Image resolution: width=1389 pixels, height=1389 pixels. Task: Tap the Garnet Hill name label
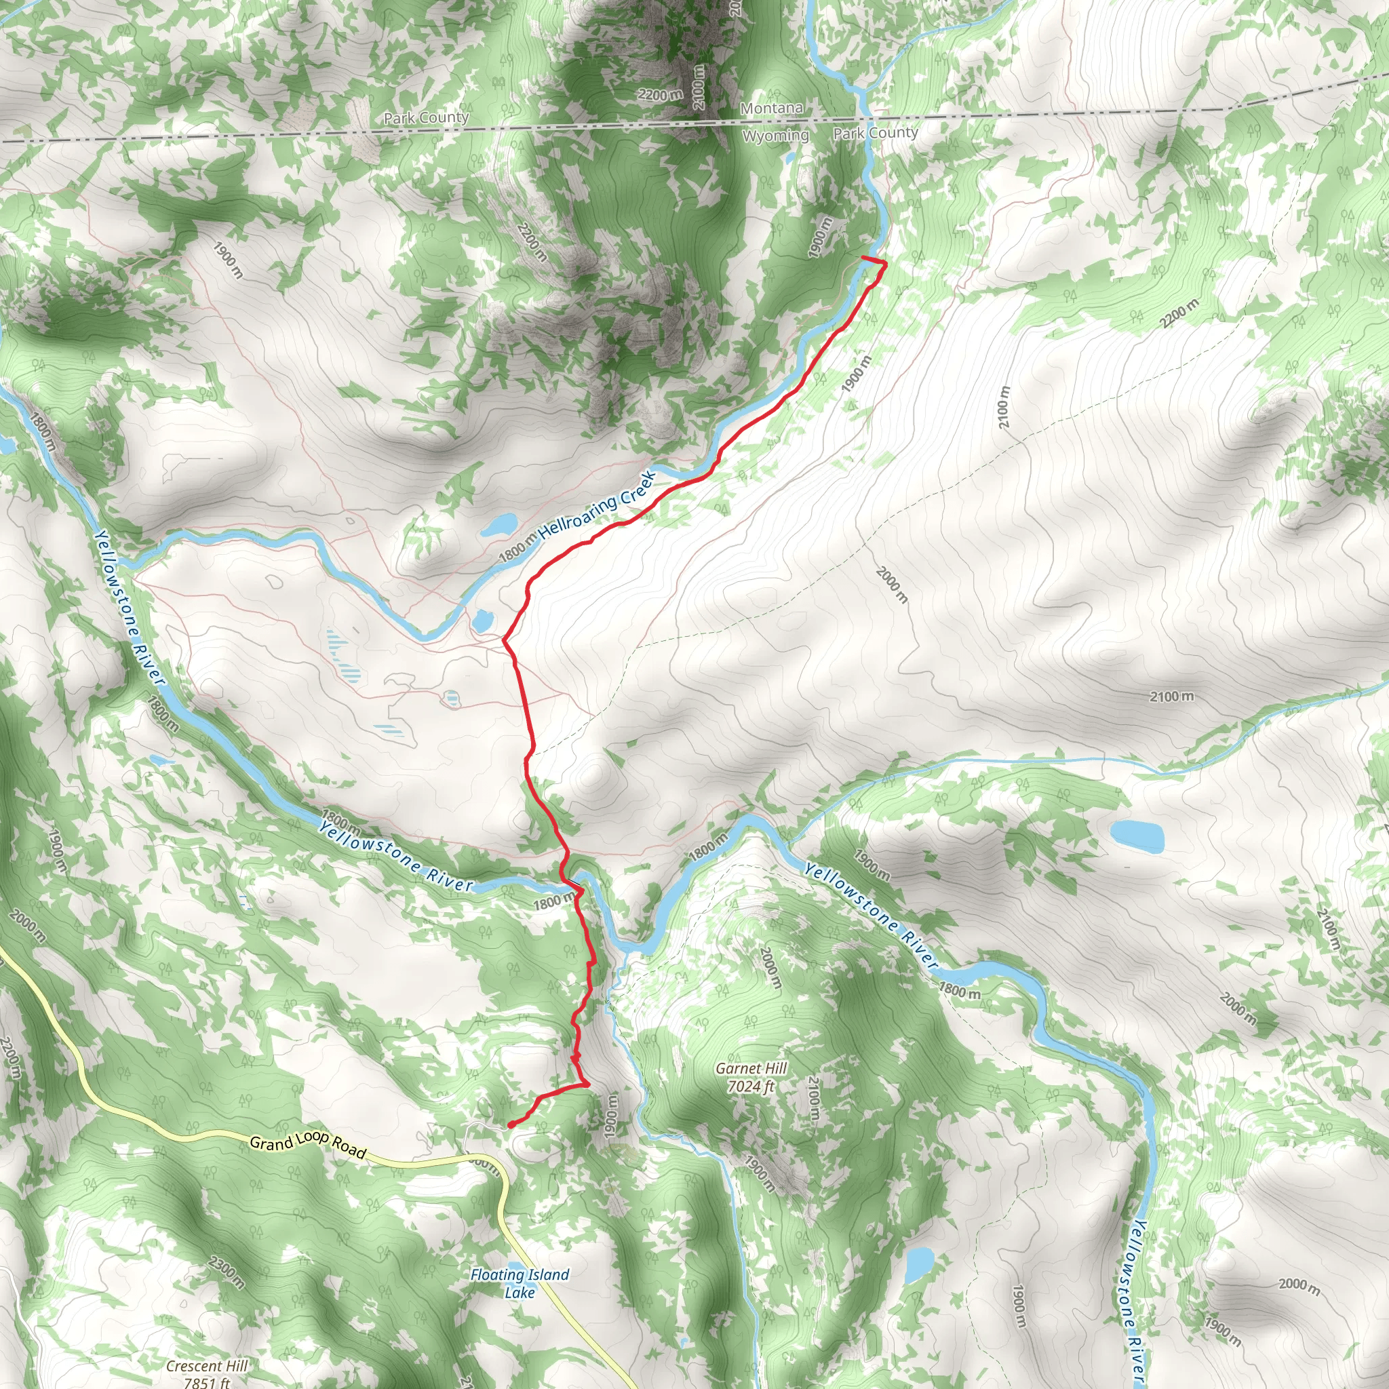pyautogui.click(x=751, y=1068)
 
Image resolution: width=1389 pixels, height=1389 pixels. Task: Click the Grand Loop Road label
pyautogui.click(x=308, y=1145)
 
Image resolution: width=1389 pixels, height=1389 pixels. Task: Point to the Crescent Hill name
pyautogui.click(x=206, y=1366)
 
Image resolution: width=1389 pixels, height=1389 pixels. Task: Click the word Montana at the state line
pyautogui.click(x=771, y=109)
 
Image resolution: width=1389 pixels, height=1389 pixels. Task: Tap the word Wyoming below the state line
pyautogui.click(x=775, y=135)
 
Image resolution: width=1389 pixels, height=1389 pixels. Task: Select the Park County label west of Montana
pyautogui.click(x=426, y=117)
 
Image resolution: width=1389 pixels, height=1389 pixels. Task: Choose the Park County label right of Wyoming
pyautogui.click(x=875, y=133)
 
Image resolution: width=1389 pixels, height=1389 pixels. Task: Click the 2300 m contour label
pyautogui.click(x=227, y=1272)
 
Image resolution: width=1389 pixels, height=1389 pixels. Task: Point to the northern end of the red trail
pyautogui.click(x=863, y=256)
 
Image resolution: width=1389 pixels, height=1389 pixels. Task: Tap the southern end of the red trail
pyautogui.click(x=510, y=1124)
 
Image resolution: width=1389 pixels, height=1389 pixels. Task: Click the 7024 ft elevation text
pyautogui.click(x=751, y=1087)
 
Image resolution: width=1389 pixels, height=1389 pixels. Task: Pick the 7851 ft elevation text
pyautogui.click(x=206, y=1382)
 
